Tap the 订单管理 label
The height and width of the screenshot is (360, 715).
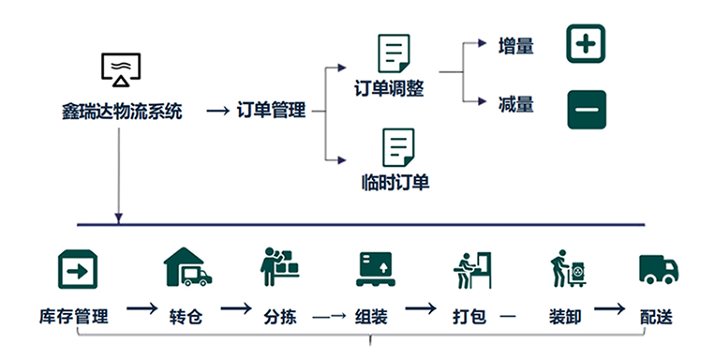[x=272, y=112]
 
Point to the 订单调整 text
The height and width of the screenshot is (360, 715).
[x=389, y=89]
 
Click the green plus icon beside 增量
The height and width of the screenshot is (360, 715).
[x=587, y=44]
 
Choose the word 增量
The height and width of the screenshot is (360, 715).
[x=516, y=45]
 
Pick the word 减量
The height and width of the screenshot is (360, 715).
[x=516, y=104]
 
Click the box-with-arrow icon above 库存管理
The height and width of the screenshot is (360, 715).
[x=79, y=269]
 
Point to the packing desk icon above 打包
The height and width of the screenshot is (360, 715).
[x=470, y=269]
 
